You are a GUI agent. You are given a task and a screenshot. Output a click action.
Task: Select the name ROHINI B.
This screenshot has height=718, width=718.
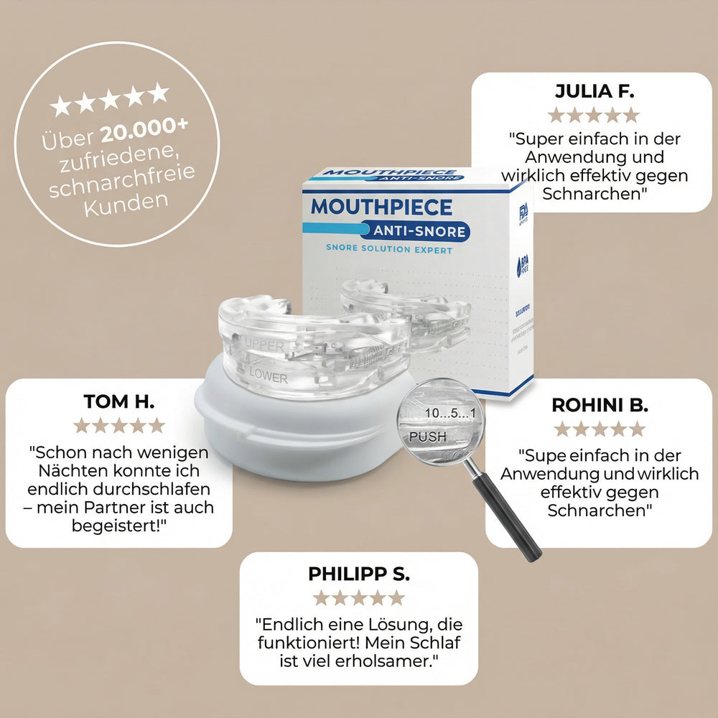point(600,405)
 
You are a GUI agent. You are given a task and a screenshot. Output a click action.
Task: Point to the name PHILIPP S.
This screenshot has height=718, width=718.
point(359,574)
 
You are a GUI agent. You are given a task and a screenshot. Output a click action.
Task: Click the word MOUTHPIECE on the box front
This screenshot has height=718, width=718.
point(381,208)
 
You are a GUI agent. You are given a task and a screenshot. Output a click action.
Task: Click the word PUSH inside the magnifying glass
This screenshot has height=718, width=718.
point(427,436)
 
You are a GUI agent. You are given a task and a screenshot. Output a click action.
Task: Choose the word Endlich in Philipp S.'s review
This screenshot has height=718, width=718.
point(288,623)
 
